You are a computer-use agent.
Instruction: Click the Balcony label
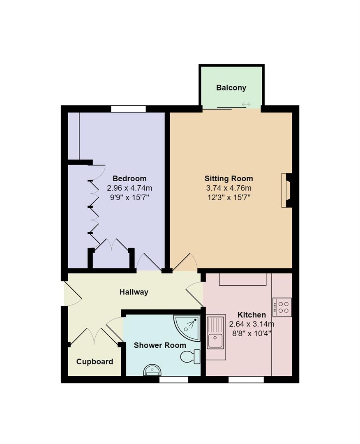point(231,88)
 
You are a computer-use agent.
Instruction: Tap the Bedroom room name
point(129,178)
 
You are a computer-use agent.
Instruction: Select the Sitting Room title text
point(228,178)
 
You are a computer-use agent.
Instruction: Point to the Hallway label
point(134,292)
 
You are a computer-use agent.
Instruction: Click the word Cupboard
point(95,362)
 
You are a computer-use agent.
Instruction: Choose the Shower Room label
point(160,345)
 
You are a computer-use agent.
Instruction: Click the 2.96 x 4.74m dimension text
point(129,188)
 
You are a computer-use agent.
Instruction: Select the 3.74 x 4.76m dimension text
point(228,188)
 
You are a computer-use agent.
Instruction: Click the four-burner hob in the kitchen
point(282,307)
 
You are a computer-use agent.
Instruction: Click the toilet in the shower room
point(190,356)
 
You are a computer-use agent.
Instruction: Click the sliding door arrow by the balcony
point(246,104)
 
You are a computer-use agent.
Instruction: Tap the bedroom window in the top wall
point(128,109)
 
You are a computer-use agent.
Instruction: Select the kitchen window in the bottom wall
point(246,380)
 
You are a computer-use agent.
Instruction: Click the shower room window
point(173,380)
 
